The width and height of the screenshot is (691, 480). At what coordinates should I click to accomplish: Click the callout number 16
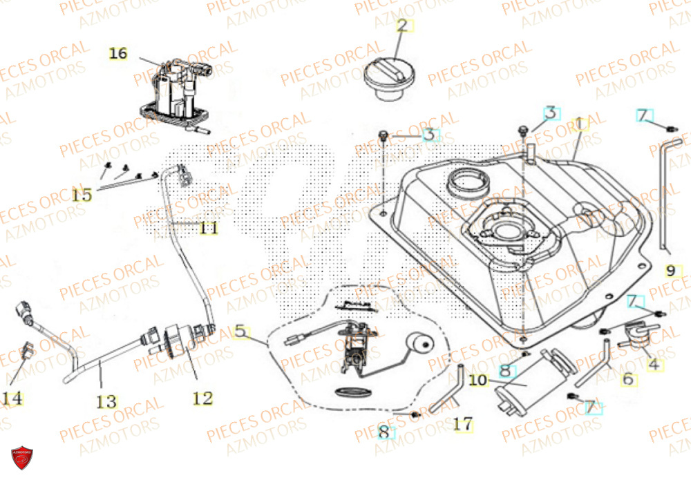[118, 53]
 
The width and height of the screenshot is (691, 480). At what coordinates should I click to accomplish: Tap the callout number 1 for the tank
[578, 124]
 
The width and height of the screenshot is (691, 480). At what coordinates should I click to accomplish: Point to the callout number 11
[208, 227]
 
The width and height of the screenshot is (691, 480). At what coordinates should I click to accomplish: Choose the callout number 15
[82, 195]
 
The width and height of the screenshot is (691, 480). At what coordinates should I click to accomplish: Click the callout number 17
[463, 423]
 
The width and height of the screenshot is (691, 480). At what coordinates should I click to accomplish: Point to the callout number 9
[670, 270]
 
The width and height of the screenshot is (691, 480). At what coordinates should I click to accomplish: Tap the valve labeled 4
[633, 332]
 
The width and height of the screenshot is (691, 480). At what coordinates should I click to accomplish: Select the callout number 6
[627, 378]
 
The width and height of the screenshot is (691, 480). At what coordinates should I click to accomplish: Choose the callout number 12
[202, 397]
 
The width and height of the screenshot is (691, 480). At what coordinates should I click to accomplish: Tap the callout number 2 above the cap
[402, 27]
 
